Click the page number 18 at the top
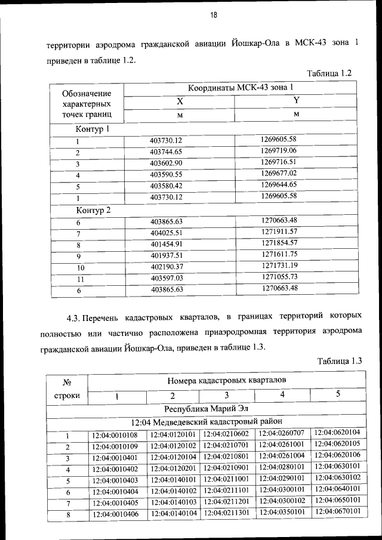(212, 16)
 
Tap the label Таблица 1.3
(341, 361)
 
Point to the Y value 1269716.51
(279, 162)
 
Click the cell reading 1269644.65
(279, 184)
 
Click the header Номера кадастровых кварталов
(226, 379)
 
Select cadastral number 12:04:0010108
(115, 435)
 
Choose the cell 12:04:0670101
(337, 511)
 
